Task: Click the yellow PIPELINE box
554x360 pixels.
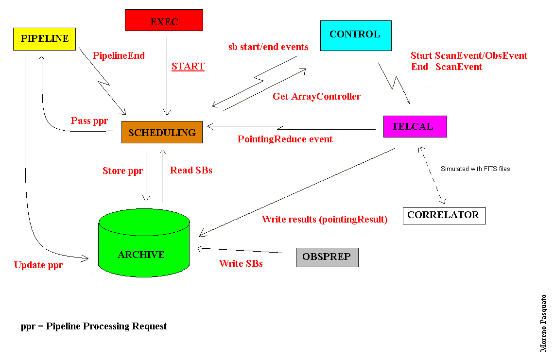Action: [44, 39]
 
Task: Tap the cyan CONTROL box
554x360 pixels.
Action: [356, 35]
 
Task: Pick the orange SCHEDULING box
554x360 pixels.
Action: [162, 132]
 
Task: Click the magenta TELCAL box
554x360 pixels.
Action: [415, 126]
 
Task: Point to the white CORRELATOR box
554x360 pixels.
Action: [444, 215]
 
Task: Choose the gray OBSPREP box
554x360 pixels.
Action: [327, 257]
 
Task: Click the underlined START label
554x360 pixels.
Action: [188, 67]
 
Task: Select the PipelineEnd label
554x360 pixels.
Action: [119, 55]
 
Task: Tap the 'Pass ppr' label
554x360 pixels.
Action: [89, 120]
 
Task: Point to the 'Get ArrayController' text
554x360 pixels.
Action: [316, 97]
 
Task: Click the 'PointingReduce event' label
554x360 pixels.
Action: [285, 139]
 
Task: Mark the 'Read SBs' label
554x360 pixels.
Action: [191, 171]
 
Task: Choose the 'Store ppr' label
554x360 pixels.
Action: [122, 171]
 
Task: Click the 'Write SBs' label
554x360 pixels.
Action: [241, 264]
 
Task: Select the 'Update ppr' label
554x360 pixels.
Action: [38, 265]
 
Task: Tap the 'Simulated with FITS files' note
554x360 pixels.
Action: [475, 169]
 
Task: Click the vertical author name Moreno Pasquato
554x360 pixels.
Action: [544, 323]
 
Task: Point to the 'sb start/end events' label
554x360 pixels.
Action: [268, 47]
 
